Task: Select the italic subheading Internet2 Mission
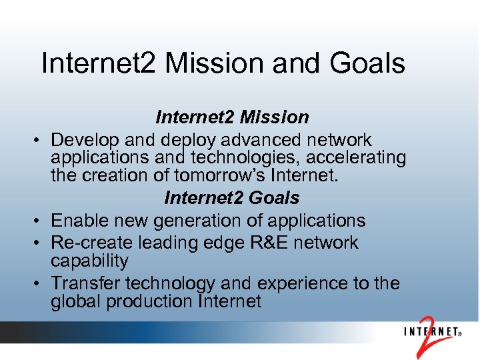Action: pyautogui.click(x=232, y=117)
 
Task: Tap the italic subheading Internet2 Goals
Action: pyautogui.click(x=232, y=198)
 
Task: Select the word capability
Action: pyautogui.click(x=89, y=261)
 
